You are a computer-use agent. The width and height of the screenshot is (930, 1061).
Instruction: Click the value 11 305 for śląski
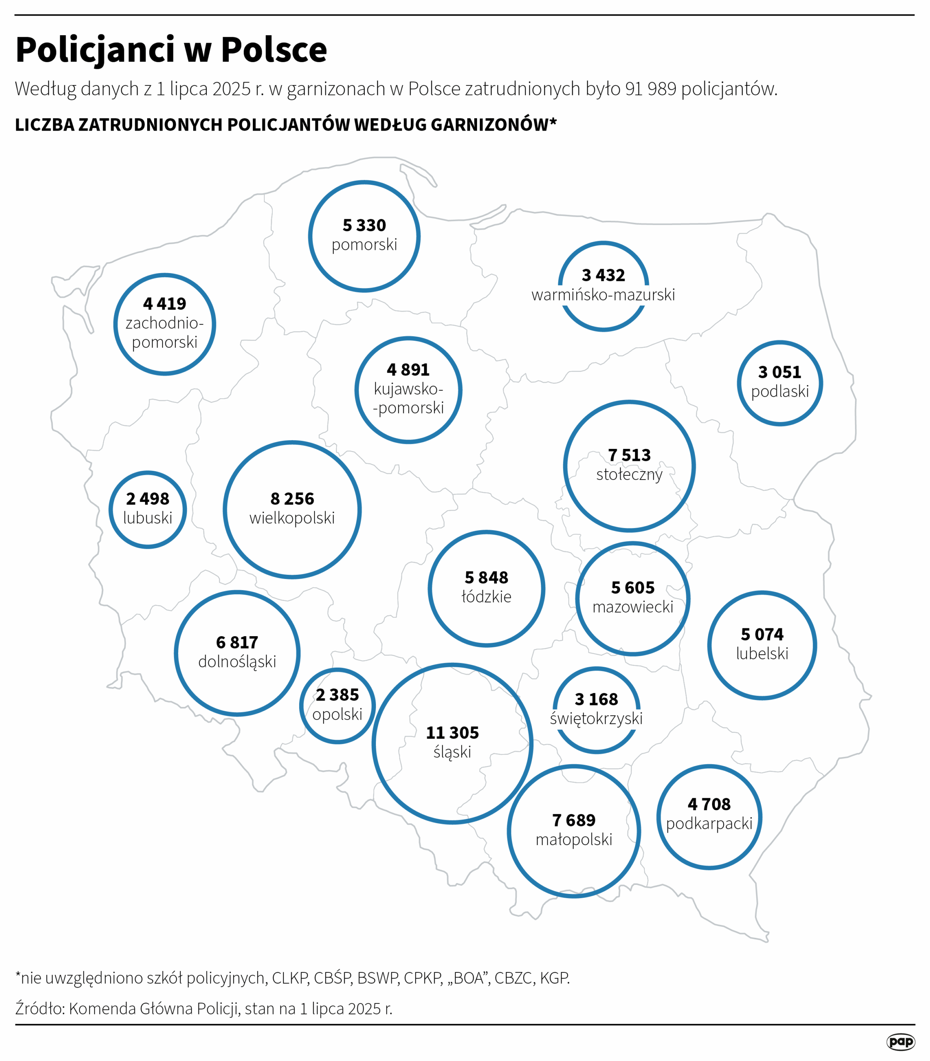452,732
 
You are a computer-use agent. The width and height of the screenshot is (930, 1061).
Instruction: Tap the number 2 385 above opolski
337,695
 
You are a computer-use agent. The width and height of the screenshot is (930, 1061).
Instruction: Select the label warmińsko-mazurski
603,295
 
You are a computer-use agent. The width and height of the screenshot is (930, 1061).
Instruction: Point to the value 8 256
292,498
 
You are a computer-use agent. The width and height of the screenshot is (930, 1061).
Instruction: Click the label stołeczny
629,475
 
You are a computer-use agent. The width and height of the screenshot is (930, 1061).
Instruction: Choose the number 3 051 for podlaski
780,372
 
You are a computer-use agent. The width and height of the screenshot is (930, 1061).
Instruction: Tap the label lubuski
148,518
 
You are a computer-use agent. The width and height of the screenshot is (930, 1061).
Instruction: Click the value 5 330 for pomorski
364,225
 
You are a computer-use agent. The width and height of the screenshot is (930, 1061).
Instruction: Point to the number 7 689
574,820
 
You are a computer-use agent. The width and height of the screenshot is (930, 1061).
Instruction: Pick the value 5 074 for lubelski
762,634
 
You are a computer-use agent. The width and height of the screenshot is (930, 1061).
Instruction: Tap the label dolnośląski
237,662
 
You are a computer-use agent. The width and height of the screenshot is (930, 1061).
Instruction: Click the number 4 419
165,304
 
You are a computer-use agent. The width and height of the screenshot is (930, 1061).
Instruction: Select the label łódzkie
486,596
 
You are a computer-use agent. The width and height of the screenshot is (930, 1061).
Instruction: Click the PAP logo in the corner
901,1041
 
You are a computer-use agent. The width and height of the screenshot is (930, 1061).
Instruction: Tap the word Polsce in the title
274,50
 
